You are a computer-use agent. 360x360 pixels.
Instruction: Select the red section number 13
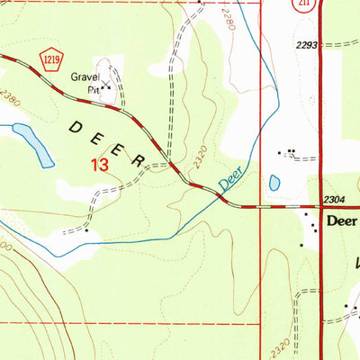click(99, 165)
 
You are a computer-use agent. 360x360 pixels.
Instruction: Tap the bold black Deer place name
click(342, 220)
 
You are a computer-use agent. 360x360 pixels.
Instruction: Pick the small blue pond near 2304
click(274, 183)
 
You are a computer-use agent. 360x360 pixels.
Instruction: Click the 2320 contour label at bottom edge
click(279, 345)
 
